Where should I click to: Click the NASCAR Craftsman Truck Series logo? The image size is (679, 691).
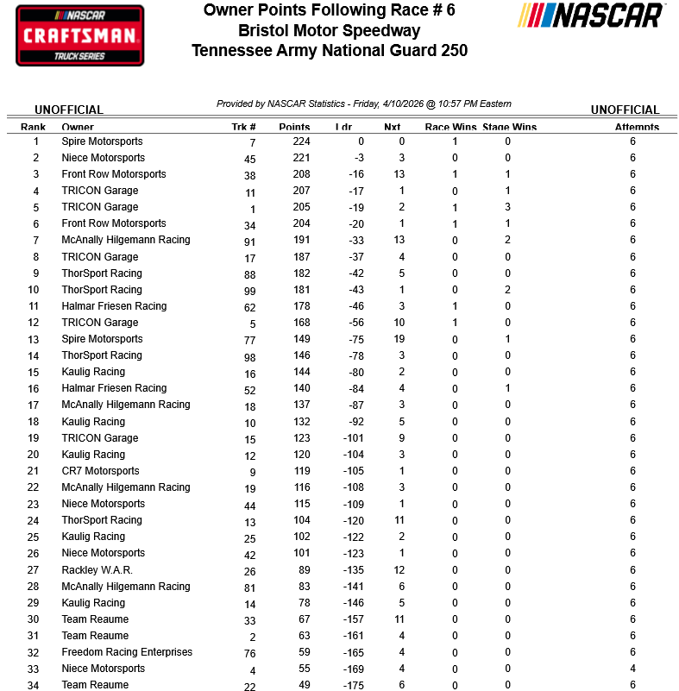point(79,35)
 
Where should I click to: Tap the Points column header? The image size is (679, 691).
point(294,127)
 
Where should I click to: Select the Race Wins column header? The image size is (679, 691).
point(450,127)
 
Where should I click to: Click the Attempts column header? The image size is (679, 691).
point(637,127)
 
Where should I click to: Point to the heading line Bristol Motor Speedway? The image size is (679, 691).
point(330,31)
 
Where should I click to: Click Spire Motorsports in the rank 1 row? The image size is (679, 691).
point(102,141)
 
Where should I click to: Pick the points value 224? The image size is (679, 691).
point(300,141)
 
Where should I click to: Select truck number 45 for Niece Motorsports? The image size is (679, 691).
point(250,159)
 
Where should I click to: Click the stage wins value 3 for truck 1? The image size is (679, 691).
point(508,207)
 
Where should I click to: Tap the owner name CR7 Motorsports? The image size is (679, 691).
point(100,471)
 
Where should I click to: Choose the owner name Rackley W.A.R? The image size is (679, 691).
point(97,570)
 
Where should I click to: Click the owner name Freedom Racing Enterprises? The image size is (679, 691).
point(127,652)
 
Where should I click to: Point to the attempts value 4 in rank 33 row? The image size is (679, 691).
point(632,669)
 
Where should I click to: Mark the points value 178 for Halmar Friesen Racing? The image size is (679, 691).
point(300,306)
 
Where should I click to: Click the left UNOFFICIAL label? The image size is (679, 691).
point(69,110)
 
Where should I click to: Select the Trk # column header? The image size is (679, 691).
point(243,127)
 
